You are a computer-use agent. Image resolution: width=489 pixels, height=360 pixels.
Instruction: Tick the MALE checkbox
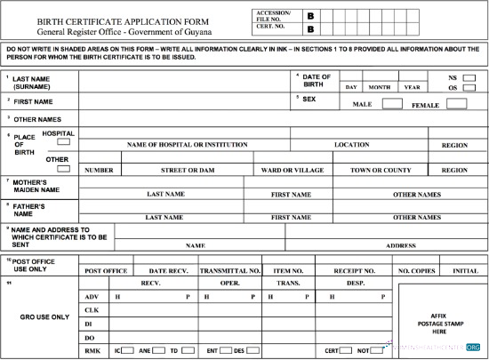coord(391,104)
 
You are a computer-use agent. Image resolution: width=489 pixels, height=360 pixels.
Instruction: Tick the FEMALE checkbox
coord(457,104)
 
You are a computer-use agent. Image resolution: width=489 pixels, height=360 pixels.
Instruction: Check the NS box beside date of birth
coord(469,77)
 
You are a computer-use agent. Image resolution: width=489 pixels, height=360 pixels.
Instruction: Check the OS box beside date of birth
coord(469,88)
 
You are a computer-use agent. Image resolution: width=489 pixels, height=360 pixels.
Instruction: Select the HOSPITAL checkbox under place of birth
coord(64,142)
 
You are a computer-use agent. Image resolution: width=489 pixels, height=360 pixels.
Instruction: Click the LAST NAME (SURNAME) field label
coord(31,83)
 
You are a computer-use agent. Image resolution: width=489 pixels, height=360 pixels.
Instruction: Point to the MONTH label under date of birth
coord(380,87)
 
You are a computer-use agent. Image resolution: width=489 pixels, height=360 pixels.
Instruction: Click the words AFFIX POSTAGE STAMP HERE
coord(437,323)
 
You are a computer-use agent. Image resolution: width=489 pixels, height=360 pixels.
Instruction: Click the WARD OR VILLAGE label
coord(293,170)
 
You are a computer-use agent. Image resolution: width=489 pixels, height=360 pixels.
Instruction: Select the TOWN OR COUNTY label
coord(381,170)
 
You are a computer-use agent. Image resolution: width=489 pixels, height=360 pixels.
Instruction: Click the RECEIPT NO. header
coord(355,269)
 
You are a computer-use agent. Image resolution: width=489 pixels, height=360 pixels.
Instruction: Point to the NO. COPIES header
coord(416,269)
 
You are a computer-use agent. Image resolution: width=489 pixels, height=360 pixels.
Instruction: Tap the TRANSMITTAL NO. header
coord(229,269)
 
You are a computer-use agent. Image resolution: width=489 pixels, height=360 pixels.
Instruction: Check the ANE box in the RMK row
coord(158,350)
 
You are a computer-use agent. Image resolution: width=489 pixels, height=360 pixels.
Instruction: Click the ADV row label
coord(90,296)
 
